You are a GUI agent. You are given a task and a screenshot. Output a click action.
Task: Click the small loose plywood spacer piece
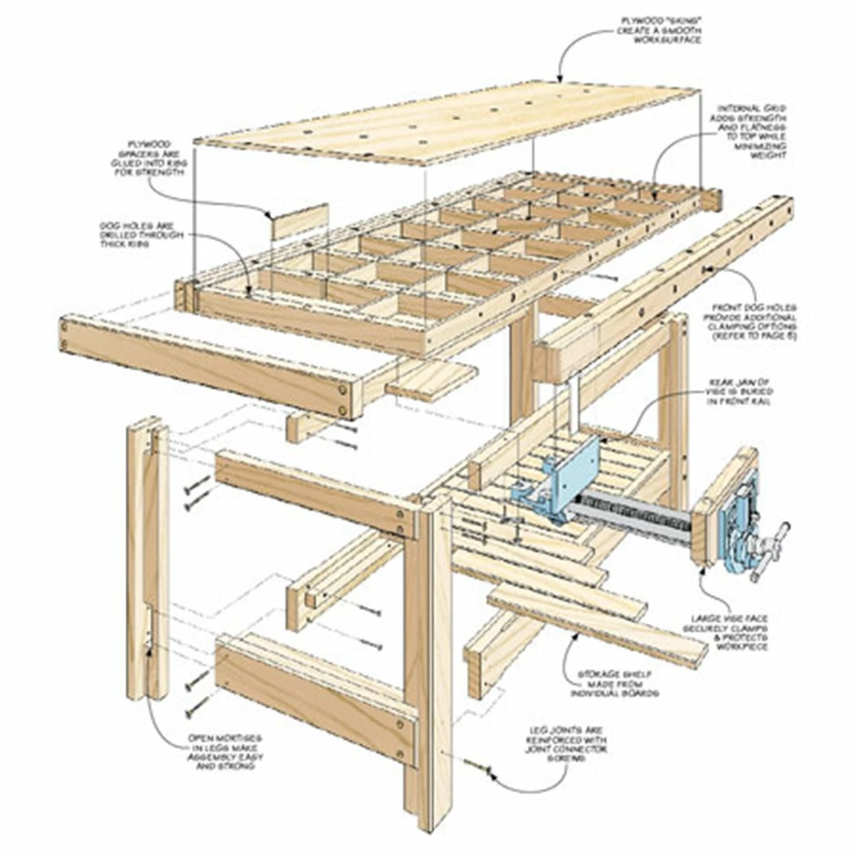coord(300,221)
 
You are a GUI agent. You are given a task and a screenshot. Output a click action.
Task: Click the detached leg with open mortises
coord(147,555)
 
